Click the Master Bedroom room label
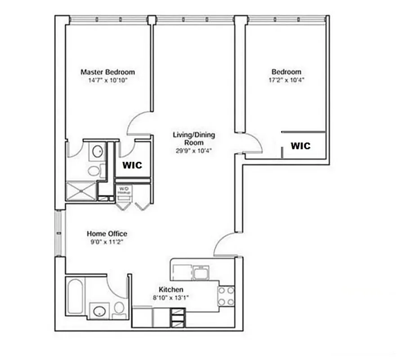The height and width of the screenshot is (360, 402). pyautogui.click(x=107, y=72)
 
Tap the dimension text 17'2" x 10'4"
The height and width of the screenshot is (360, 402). pyautogui.click(x=286, y=80)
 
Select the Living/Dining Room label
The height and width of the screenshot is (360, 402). pyautogui.click(x=194, y=139)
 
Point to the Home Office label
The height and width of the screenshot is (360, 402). pyautogui.click(x=107, y=234)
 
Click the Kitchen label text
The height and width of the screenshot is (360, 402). pyautogui.click(x=171, y=289)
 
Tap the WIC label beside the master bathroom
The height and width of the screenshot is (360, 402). pyautogui.click(x=132, y=165)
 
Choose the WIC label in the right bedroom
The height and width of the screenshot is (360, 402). pyautogui.click(x=300, y=146)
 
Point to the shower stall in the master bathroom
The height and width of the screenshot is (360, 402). pyautogui.click(x=81, y=191)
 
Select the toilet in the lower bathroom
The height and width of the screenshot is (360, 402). pyautogui.click(x=119, y=308)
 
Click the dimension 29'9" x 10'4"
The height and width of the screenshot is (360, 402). pyautogui.click(x=194, y=151)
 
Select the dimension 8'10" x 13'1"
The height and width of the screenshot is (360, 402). pyautogui.click(x=171, y=297)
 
